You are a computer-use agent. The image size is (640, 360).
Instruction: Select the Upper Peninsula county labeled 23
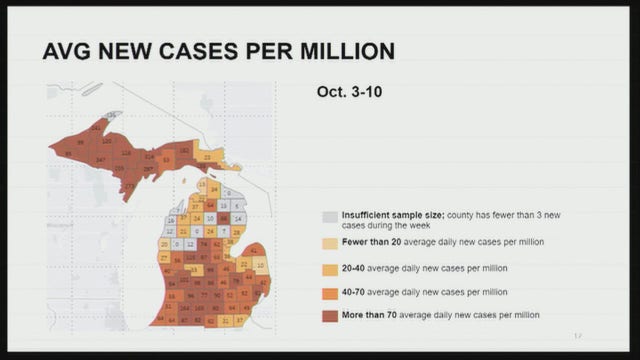pos(206,156)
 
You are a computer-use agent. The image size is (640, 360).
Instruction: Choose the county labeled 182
pos(184,149)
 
